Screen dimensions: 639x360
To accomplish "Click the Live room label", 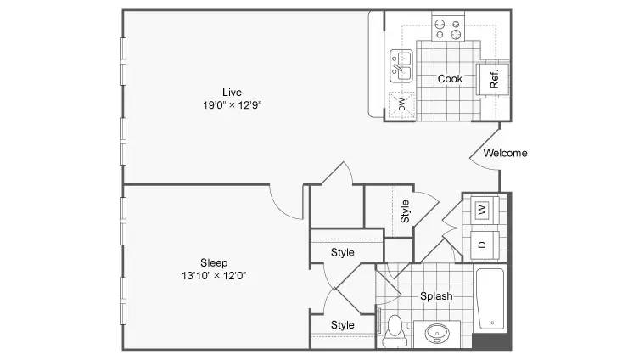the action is click(x=232, y=93).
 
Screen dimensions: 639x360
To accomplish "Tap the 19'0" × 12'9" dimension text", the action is click(x=232, y=105).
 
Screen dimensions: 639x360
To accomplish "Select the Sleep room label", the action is click(x=214, y=263).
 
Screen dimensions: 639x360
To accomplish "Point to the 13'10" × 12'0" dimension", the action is click(x=214, y=276).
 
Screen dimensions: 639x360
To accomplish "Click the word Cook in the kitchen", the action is click(x=450, y=79).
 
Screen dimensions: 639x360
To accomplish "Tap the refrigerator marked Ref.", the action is click(x=493, y=80).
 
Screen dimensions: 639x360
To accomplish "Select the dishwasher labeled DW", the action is click(x=401, y=104).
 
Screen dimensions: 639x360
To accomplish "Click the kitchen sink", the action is click(x=401, y=66).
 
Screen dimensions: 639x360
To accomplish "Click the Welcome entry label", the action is click(x=505, y=154).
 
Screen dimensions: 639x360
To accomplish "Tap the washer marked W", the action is click(x=484, y=210).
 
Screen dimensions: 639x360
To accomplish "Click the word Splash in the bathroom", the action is click(x=436, y=296).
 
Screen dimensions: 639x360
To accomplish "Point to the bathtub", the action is click(x=490, y=299).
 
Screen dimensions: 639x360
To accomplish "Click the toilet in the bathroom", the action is click(x=395, y=330).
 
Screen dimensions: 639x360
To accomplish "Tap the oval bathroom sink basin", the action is click(x=437, y=333).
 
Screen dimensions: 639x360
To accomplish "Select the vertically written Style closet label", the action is click(x=405, y=211).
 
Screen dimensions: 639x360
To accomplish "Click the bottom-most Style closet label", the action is click(x=342, y=325).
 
